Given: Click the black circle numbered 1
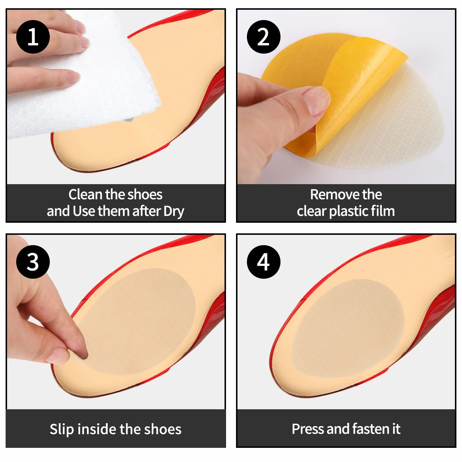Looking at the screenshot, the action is click(x=33, y=37).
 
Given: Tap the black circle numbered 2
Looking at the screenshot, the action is click(x=263, y=37).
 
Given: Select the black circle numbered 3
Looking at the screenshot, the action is click(x=33, y=262).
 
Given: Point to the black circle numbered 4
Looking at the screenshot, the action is click(x=263, y=262).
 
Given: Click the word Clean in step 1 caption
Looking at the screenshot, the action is click(x=85, y=194).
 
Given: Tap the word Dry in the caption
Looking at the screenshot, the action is click(x=174, y=212).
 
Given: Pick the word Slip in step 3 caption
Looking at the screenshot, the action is click(x=62, y=429).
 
